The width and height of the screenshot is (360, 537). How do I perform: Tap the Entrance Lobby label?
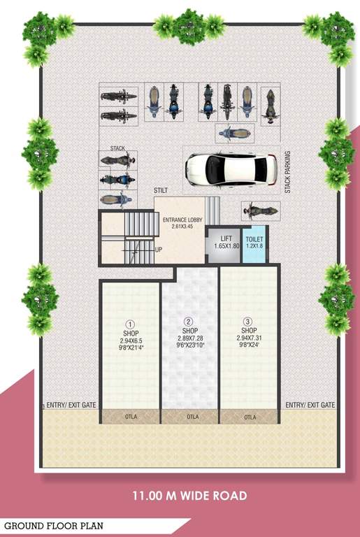[x=182, y=220]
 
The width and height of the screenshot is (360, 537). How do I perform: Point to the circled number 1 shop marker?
[x=130, y=324]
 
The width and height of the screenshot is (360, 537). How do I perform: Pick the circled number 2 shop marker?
[x=189, y=322]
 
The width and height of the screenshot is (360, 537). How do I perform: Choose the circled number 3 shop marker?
[x=248, y=322]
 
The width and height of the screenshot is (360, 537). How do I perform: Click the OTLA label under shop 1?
[x=130, y=417]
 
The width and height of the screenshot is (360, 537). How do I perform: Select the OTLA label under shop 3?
[x=250, y=417]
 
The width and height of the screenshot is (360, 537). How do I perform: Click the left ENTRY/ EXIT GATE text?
[x=71, y=406]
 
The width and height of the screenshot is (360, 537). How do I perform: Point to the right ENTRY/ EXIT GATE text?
[x=310, y=406]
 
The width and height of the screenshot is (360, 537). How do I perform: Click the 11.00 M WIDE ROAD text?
[x=189, y=496]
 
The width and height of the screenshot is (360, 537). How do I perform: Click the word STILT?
[x=161, y=190]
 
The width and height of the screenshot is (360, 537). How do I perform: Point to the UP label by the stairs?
[x=159, y=250]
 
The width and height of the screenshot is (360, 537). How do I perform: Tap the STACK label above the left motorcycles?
[x=117, y=148]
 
